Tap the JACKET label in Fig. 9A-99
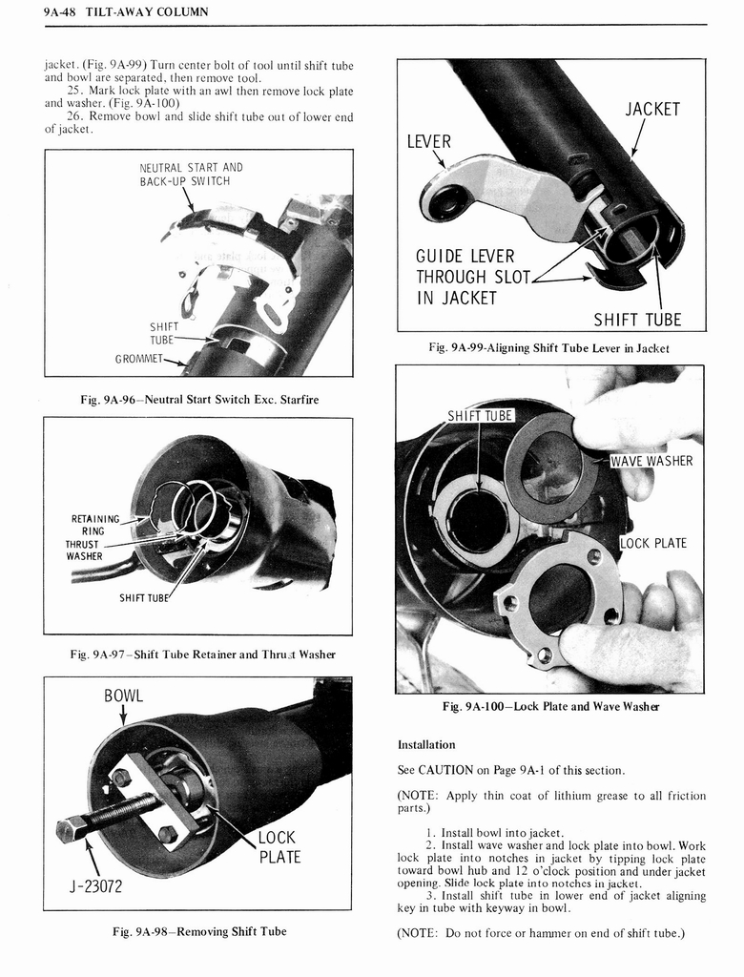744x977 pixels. tap(652, 109)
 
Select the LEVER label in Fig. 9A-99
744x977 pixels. tap(428, 141)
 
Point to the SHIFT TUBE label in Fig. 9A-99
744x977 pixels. tap(637, 320)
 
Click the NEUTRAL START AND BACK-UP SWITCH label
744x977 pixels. tap(191, 174)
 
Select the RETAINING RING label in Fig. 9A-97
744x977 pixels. tap(94, 525)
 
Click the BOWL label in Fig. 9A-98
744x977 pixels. tap(123, 695)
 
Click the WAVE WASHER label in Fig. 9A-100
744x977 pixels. tap(651, 462)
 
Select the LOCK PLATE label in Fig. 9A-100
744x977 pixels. tap(653, 543)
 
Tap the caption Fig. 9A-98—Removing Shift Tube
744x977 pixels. tap(198, 931)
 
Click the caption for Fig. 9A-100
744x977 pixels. tap(550, 706)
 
